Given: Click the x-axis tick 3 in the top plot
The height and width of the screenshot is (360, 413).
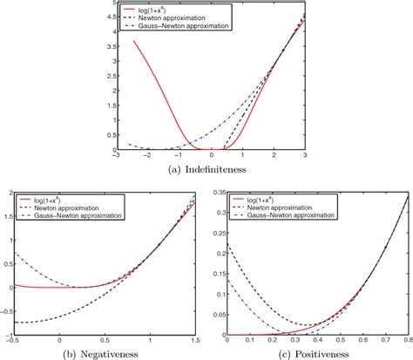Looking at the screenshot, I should [305, 157].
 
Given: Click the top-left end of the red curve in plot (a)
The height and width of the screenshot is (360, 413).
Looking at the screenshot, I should [133, 40].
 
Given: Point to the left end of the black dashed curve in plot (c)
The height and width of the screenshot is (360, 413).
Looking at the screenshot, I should [227, 248].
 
